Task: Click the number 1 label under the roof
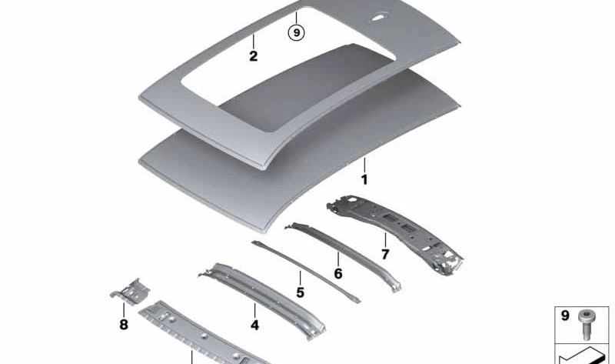coord(364,179)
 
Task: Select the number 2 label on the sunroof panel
coord(253,56)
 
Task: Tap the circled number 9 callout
coord(296,32)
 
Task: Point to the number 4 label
coord(254,325)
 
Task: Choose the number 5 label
coord(301,292)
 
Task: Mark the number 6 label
coord(337,272)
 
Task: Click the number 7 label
coord(385,254)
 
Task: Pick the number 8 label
coord(124,325)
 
